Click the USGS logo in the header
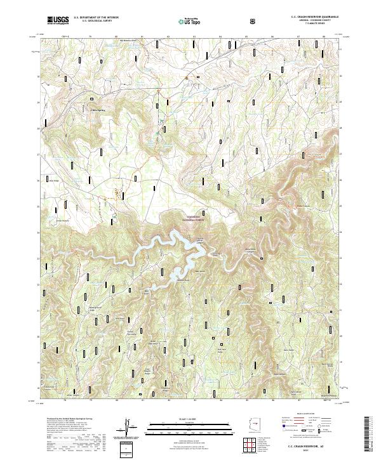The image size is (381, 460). coord(58,20)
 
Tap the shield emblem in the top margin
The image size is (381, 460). coord(236,20)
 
